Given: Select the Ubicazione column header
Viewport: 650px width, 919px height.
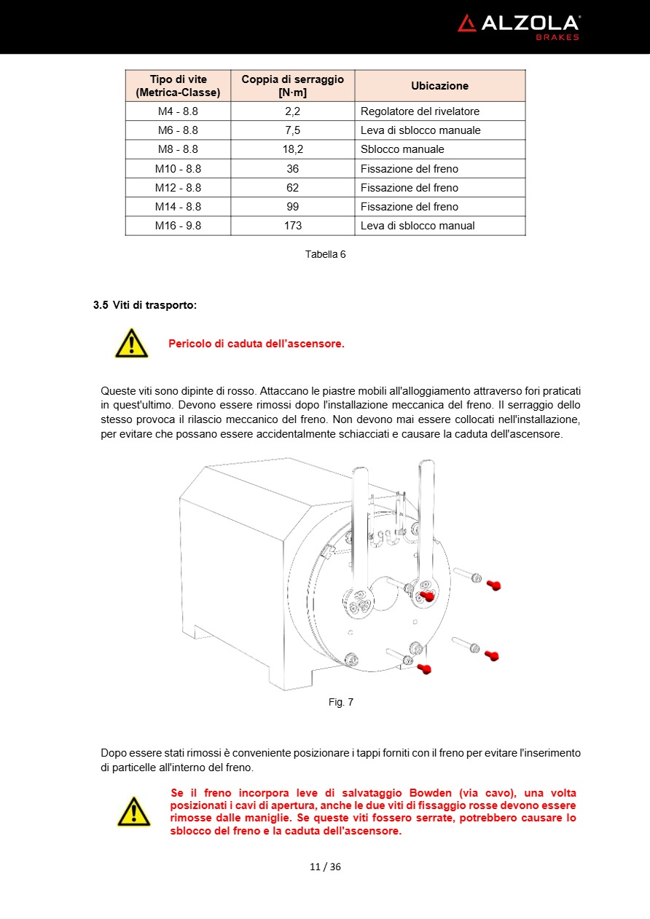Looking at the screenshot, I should (x=439, y=86).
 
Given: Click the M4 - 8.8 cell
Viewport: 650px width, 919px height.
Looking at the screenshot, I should (x=178, y=111).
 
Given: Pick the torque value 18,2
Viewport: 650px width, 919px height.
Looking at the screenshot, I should (x=293, y=149).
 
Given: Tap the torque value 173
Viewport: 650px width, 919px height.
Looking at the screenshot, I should (x=293, y=226).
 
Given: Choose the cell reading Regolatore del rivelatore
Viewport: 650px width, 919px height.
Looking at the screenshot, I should (x=420, y=111).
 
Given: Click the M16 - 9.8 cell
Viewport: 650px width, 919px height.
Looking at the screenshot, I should (x=178, y=226).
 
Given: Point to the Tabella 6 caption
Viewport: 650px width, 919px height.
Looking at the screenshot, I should (x=325, y=254).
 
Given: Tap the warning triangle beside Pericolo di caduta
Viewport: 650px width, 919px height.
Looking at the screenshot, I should (x=131, y=343).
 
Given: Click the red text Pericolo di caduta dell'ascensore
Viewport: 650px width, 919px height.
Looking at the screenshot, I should (x=256, y=344).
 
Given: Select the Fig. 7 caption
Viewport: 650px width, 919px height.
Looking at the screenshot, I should (x=340, y=702).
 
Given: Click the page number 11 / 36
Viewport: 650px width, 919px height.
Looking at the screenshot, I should (x=325, y=867).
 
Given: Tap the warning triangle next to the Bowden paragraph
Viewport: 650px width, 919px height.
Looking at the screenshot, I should (x=134, y=811).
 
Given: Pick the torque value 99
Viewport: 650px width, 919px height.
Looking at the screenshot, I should (x=293, y=207).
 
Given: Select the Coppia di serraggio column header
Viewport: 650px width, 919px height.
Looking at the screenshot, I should (x=293, y=86).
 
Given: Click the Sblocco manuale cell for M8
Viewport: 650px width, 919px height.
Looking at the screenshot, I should (x=402, y=149).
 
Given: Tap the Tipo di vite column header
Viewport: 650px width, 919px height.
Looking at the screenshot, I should (x=178, y=86).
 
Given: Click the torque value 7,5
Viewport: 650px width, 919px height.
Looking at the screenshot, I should (x=293, y=130).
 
